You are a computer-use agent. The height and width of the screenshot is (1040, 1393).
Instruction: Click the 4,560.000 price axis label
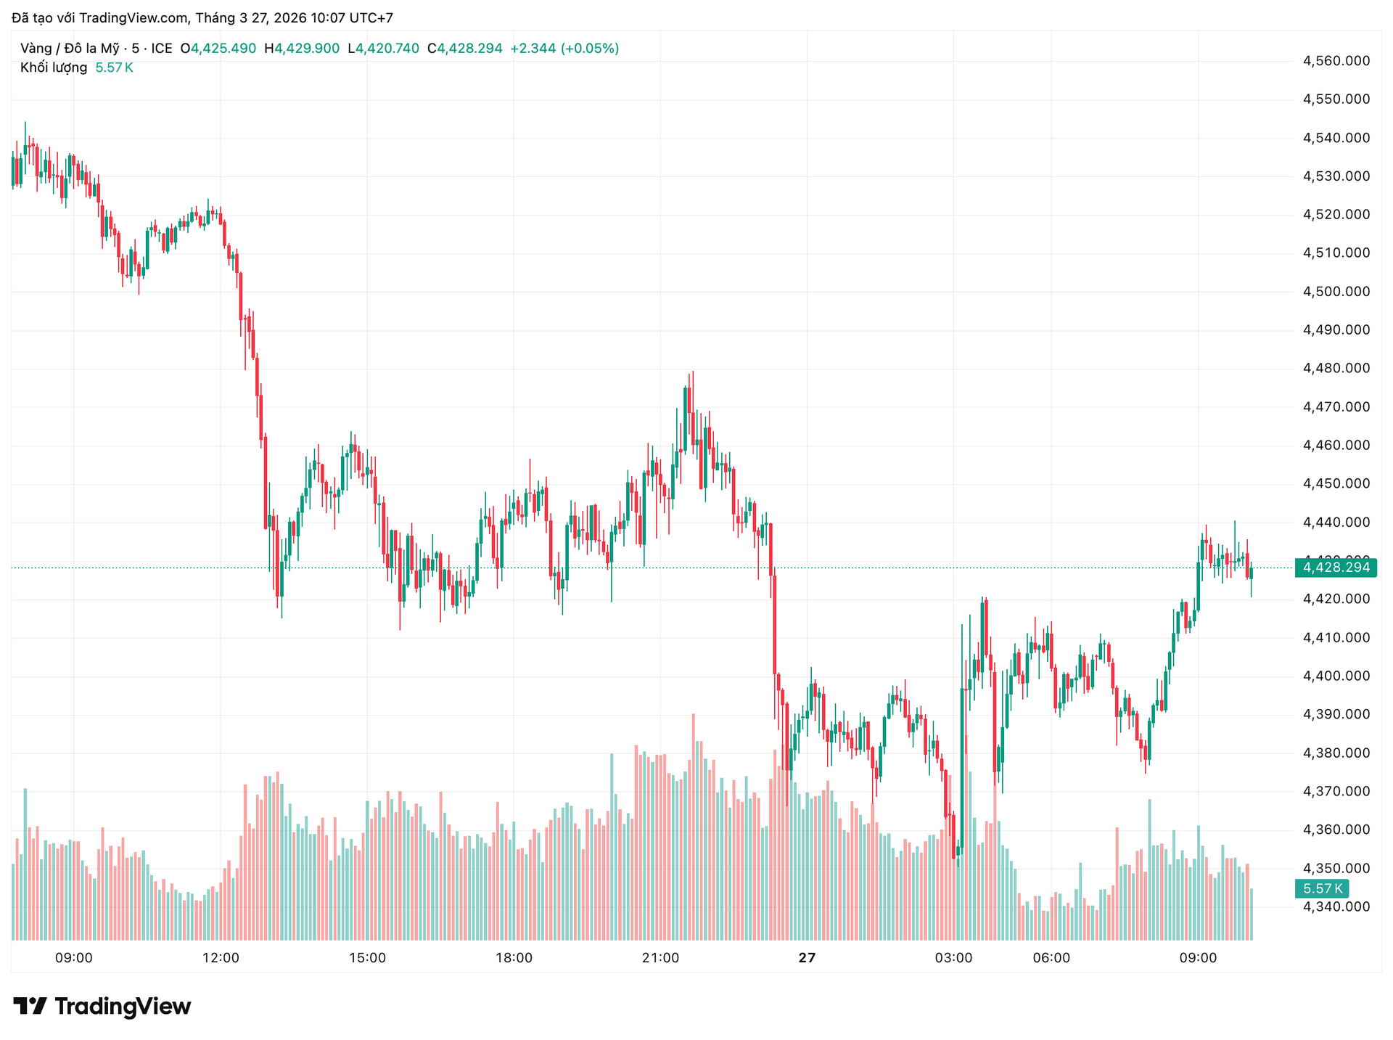pyautogui.click(x=1336, y=61)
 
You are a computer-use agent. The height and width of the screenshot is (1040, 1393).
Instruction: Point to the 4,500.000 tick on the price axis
pyautogui.click(x=1336, y=292)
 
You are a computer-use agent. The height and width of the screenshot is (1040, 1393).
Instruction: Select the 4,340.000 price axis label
pyautogui.click(x=1336, y=906)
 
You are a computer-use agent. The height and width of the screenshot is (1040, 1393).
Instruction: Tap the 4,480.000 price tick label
pyautogui.click(x=1336, y=369)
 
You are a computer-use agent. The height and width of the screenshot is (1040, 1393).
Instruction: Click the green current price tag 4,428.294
pyautogui.click(x=1336, y=568)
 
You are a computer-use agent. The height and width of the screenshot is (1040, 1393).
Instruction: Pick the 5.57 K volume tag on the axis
pyautogui.click(x=1322, y=888)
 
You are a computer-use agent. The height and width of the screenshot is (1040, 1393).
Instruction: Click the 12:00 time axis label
pyautogui.click(x=221, y=958)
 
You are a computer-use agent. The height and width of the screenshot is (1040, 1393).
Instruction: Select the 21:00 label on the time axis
pyautogui.click(x=660, y=958)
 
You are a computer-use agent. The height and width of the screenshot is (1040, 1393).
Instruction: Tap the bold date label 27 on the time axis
pyautogui.click(x=807, y=958)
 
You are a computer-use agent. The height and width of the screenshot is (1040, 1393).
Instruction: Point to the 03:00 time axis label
pyautogui.click(x=953, y=958)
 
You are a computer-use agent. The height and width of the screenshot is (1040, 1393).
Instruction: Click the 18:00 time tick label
pyautogui.click(x=514, y=958)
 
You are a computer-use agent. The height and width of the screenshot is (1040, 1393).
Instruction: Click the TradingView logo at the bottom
pyautogui.click(x=102, y=1007)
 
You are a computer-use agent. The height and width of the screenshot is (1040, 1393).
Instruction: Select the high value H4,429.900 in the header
pyautogui.click(x=302, y=49)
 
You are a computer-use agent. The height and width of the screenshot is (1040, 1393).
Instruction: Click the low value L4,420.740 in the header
pyautogui.click(x=383, y=49)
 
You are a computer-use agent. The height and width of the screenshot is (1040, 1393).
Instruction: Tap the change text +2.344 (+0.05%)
pyautogui.click(x=564, y=49)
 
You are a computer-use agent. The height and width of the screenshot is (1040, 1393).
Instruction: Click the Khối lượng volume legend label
pyautogui.click(x=54, y=67)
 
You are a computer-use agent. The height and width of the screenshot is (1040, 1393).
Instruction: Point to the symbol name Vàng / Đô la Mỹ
pyautogui.click(x=70, y=49)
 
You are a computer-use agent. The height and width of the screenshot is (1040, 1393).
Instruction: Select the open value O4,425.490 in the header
pyautogui.click(x=218, y=49)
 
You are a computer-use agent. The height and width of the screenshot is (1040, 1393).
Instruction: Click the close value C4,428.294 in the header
pyautogui.click(x=464, y=49)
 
